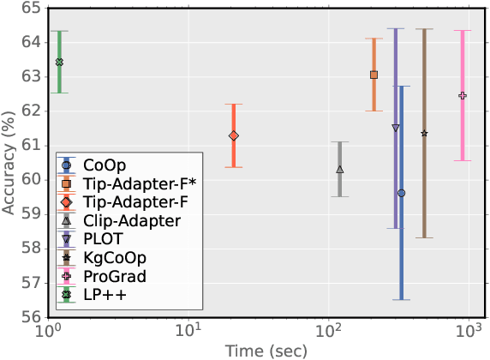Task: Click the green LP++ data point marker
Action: coord(59,62)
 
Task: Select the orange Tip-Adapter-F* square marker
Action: coord(373,75)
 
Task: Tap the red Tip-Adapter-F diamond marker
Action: coord(234,135)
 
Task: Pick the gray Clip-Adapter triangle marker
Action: coord(340,170)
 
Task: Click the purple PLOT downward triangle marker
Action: coord(396,128)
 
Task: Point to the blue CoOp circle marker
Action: coord(402,193)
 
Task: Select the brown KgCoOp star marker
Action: coord(425,133)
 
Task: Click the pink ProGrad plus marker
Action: coord(463,95)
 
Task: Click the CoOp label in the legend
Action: coord(101,165)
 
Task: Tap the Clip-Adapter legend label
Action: coord(131,220)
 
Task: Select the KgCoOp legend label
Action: coord(114,257)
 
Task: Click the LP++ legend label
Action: coord(101,295)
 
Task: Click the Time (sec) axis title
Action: coord(257,350)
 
